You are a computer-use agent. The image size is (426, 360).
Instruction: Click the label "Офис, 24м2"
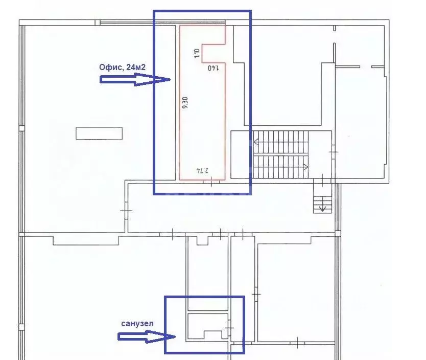(122, 67)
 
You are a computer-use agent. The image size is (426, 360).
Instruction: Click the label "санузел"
(137, 324)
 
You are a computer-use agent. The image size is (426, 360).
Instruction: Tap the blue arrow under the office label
(135, 79)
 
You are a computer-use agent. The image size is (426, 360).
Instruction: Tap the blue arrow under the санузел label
(147, 336)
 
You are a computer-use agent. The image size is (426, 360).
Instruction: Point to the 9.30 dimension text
(185, 103)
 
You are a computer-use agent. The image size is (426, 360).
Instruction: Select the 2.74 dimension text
(203, 170)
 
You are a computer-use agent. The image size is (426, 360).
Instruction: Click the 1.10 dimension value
(197, 53)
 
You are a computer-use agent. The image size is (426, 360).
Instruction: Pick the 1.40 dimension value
(214, 67)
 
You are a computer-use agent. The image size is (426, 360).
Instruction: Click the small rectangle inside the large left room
(99, 133)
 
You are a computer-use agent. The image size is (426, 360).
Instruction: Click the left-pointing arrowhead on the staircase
(256, 142)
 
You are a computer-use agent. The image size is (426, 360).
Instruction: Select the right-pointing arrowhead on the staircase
(306, 167)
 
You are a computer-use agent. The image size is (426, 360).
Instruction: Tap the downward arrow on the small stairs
(322, 208)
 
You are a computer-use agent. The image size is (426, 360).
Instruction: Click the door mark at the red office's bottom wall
(211, 182)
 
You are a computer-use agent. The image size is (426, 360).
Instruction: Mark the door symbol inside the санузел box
(229, 328)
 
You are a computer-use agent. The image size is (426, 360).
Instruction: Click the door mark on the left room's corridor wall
(126, 211)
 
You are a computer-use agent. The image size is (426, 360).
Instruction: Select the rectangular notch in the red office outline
(214, 53)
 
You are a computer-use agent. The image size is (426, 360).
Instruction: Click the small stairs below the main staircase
(322, 198)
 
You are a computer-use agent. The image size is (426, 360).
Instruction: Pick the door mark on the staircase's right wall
(334, 151)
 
